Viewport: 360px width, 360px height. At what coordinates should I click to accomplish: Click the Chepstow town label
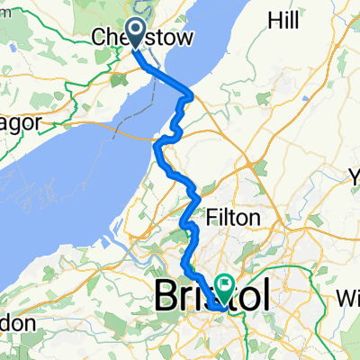136,38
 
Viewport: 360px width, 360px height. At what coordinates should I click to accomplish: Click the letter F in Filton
213,218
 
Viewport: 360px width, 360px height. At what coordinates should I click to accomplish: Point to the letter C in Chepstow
99,38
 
